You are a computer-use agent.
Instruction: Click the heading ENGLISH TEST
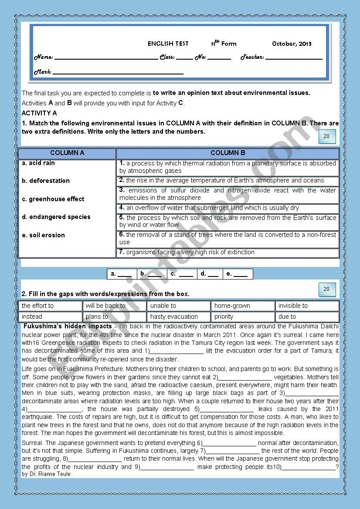click(x=168, y=44)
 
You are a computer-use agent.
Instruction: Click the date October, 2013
click(x=292, y=44)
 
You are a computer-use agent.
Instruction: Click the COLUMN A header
click(x=67, y=153)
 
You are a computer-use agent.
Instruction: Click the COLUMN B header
click(x=228, y=153)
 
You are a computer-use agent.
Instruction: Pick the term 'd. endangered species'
click(x=56, y=217)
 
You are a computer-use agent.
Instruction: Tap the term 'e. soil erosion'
click(x=43, y=235)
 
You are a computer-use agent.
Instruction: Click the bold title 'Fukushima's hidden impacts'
click(x=68, y=326)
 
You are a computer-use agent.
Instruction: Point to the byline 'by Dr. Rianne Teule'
click(x=46, y=474)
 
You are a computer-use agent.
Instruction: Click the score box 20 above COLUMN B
click(x=326, y=136)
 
